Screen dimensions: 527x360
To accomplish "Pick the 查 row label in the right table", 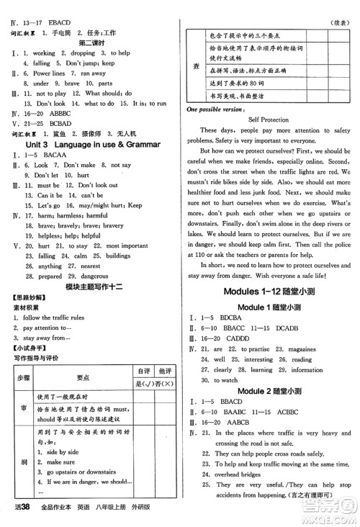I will coord(196,65).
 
